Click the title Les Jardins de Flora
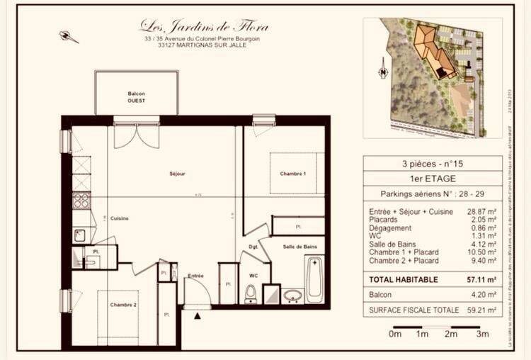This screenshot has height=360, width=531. (x=204, y=26)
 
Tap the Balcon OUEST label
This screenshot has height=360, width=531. (x=136, y=97)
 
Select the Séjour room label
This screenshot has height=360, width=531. (x=177, y=174)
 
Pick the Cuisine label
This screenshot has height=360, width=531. (x=119, y=218)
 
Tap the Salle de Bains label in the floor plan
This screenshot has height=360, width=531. (x=301, y=246)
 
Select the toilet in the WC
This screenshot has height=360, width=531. (x=250, y=293)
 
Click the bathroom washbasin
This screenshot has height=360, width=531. (x=292, y=296)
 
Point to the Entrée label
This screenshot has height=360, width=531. (x=195, y=276)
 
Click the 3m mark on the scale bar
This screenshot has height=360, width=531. (x=482, y=333)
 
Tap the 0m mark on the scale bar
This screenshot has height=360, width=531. (x=395, y=333)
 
